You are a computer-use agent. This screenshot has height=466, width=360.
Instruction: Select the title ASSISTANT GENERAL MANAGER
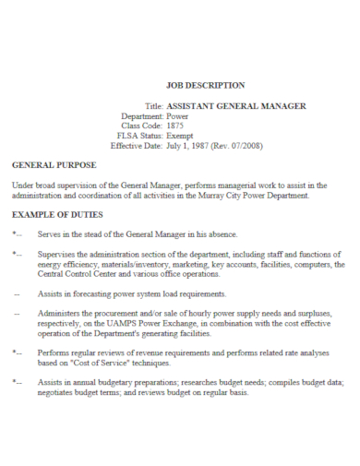235,106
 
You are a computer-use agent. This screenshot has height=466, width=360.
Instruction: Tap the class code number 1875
176,125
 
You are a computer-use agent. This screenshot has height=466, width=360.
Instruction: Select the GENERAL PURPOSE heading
54,165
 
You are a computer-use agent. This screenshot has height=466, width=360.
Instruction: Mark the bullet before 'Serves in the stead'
17,234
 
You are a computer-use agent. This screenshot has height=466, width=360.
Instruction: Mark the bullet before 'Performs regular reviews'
17,352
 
